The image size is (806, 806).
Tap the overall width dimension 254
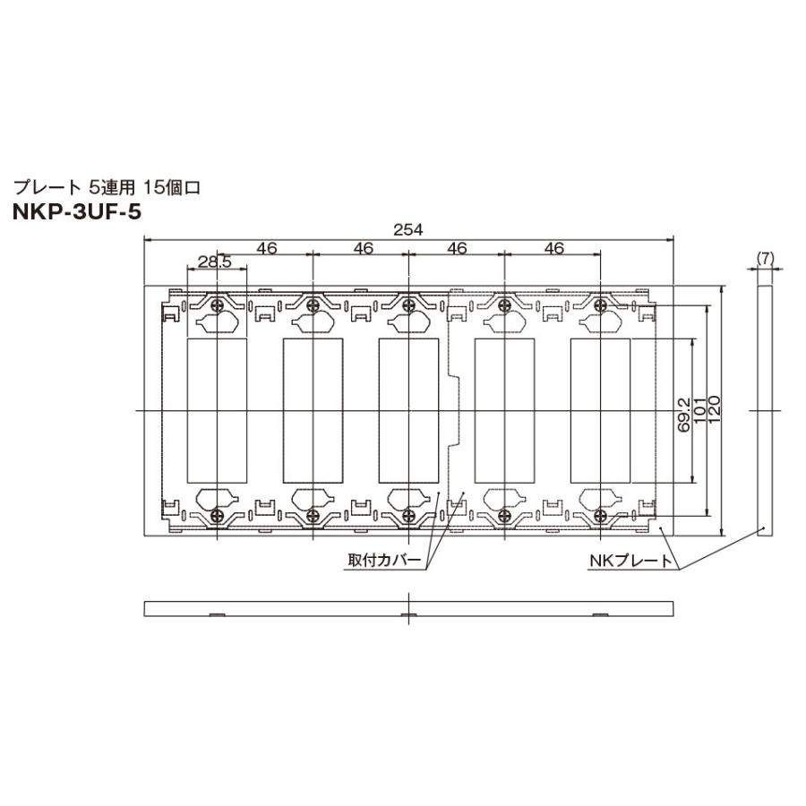(x=408, y=229)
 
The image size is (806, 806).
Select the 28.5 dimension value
(x=214, y=262)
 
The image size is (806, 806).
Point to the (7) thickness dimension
(x=764, y=257)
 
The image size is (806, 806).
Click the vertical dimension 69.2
(x=684, y=415)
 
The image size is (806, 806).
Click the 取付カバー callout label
(x=384, y=562)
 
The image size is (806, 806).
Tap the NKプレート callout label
(x=630, y=562)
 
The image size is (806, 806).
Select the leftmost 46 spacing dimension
(x=266, y=248)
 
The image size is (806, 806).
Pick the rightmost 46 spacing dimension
(x=553, y=248)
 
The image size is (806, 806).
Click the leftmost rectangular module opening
(x=217, y=410)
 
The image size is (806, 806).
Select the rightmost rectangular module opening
(x=601, y=410)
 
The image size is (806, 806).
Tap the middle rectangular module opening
(x=408, y=410)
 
